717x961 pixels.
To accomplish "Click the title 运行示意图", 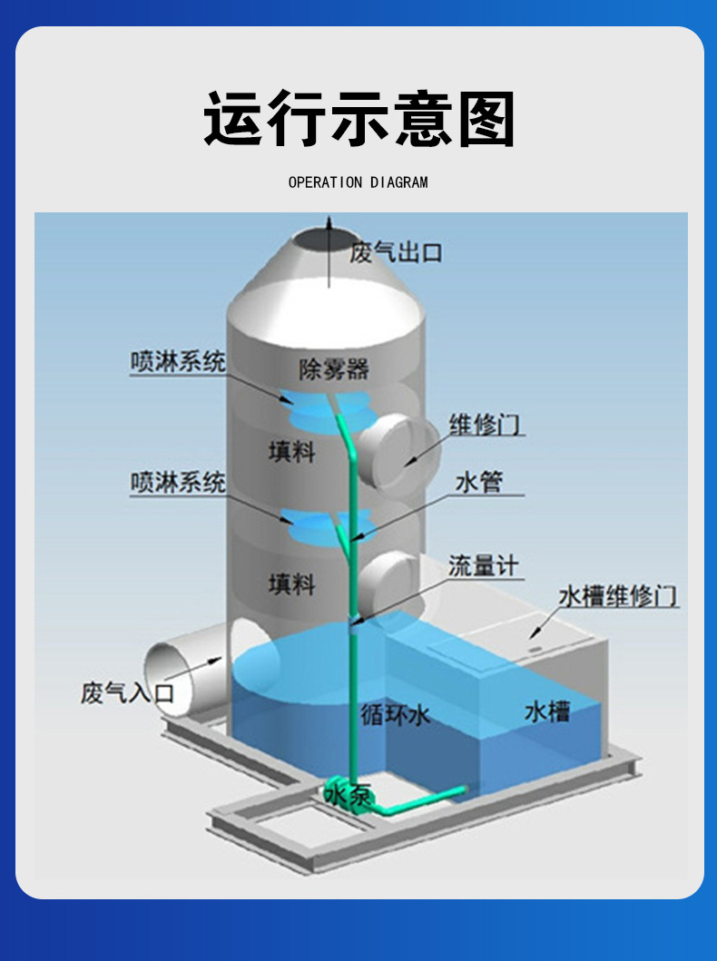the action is [x=358, y=119].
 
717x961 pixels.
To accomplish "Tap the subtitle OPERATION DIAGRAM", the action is [x=358, y=182].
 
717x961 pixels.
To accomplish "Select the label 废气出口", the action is [x=396, y=252].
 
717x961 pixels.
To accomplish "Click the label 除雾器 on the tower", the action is [x=334, y=369].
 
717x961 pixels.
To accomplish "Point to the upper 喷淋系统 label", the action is [x=177, y=362].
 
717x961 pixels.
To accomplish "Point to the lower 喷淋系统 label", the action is [x=177, y=482].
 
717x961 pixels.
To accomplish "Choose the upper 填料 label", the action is [x=291, y=451].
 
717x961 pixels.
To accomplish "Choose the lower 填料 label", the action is [x=291, y=584].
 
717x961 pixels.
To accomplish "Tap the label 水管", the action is [x=478, y=482].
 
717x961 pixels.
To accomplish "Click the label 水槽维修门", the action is [x=617, y=596].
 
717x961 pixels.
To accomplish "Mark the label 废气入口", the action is [x=126, y=694].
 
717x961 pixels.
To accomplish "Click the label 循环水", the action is [x=393, y=715].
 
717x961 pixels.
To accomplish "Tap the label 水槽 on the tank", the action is [x=546, y=712].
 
